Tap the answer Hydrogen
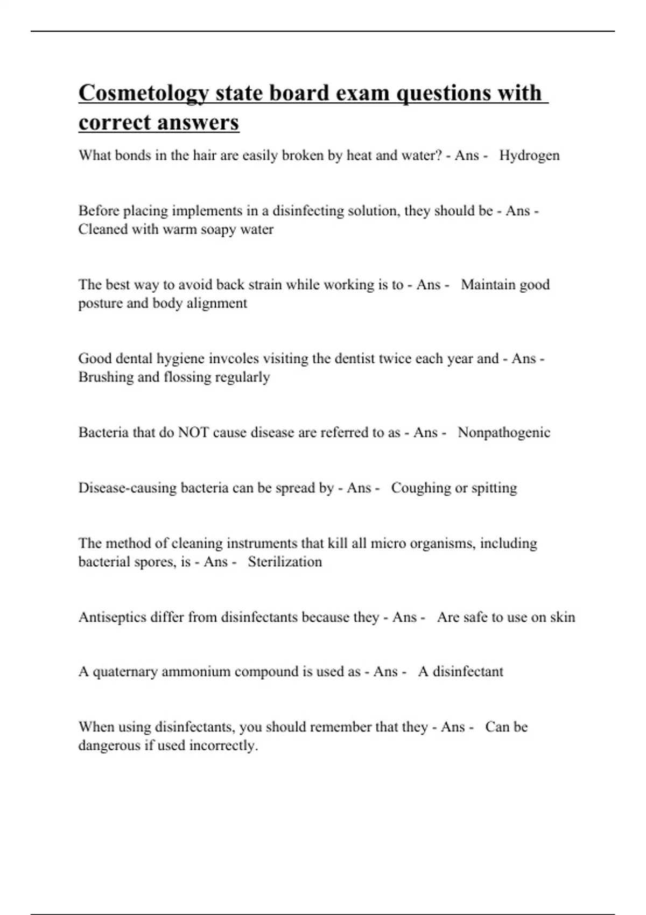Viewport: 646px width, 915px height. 529,156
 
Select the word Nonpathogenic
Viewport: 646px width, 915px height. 504,433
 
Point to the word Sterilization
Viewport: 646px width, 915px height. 285,562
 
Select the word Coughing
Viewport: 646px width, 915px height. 421,488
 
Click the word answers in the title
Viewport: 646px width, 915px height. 205,122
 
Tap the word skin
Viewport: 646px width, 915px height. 563,617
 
